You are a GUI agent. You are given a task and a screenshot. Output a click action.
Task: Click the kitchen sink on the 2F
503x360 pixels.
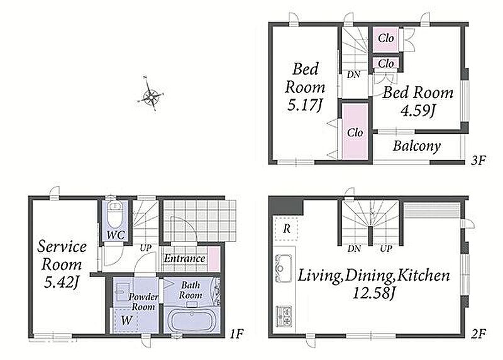(x=284, y=268)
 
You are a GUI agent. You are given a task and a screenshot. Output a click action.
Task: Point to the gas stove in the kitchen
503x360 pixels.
(x=284, y=316)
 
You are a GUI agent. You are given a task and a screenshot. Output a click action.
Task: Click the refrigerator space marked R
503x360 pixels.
(x=287, y=229)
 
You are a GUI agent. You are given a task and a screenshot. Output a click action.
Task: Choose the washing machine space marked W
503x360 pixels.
(x=126, y=320)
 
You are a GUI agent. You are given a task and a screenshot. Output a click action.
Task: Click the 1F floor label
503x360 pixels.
(x=237, y=334)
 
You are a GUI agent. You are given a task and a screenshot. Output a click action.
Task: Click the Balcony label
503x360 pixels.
(x=417, y=146)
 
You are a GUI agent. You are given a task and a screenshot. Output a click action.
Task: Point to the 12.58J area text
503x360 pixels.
(x=373, y=293)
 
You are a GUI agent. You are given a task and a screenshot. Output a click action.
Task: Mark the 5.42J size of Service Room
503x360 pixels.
(x=62, y=282)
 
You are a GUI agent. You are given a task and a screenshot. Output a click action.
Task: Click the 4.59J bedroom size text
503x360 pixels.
(x=417, y=111)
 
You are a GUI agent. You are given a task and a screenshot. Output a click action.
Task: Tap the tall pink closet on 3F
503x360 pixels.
(x=355, y=131)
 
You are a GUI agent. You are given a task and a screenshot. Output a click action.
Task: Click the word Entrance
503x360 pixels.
(x=184, y=258)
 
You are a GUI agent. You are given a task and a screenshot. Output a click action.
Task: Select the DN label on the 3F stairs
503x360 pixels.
(x=353, y=75)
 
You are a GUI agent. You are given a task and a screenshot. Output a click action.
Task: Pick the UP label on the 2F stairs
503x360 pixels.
(x=386, y=248)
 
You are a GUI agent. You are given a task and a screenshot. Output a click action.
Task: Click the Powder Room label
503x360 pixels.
(x=143, y=302)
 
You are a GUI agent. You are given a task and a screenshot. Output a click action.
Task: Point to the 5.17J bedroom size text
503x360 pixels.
(x=304, y=105)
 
